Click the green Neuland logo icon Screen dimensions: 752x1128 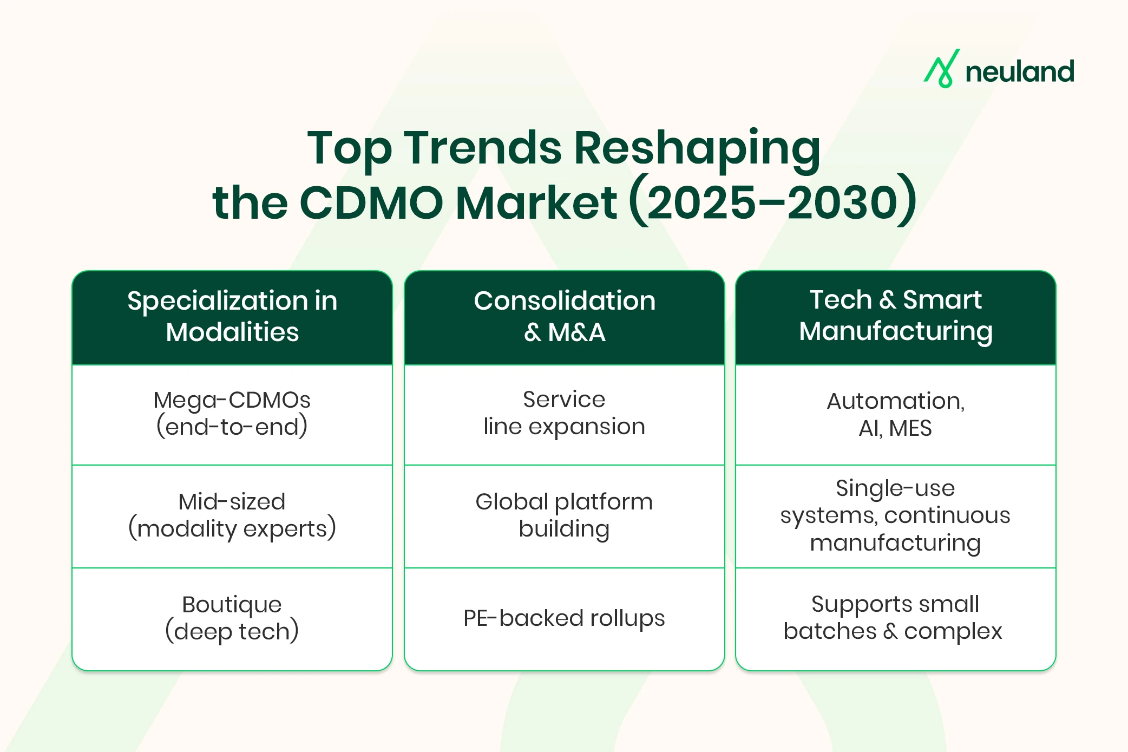pyautogui.click(x=942, y=69)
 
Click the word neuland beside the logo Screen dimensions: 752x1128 pyautogui.click(x=1020, y=72)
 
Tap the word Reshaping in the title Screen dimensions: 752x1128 pyautogui.click(x=697, y=148)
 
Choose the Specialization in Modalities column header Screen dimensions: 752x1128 pyautogui.click(x=232, y=317)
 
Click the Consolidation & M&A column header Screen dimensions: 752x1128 pyautogui.click(x=564, y=317)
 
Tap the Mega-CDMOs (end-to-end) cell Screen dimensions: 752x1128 pyautogui.click(x=232, y=414)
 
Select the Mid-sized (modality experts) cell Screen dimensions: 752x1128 pyautogui.click(x=232, y=515)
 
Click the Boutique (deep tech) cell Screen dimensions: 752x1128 pyautogui.click(x=232, y=618)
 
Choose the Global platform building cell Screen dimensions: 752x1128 pyautogui.click(x=564, y=515)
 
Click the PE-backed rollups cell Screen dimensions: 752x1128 pyautogui.click(x=564, y=618)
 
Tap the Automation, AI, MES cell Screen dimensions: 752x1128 pyautogui.click(x=895, y=415)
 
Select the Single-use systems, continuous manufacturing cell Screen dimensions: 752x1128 pyautogui.click(x=895, y=515)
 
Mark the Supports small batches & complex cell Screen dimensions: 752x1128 pyautogui.click(x=895, y=618)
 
